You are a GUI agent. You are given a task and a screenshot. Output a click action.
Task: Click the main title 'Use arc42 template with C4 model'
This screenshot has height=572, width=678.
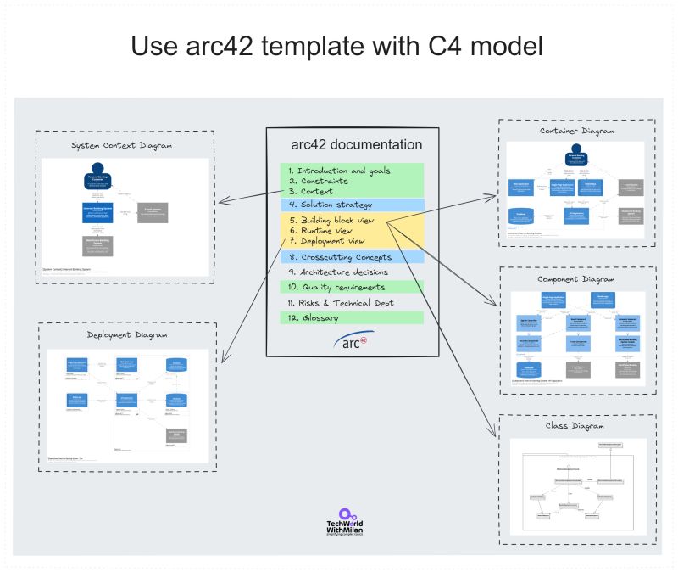(336, 46)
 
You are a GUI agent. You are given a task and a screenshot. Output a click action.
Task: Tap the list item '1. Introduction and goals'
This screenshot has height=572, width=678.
(339, 170)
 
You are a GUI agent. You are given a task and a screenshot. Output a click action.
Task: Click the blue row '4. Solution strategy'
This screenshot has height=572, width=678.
(331, 205)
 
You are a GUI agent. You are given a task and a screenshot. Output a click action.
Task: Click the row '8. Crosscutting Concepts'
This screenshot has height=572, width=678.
(340, 256)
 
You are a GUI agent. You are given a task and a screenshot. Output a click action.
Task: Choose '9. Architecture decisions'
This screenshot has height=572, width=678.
(338, 272)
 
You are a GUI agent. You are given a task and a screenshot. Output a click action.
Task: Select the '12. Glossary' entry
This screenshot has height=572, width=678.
(313, 317)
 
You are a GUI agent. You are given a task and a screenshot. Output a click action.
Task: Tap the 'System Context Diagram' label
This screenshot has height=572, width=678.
(123, 145)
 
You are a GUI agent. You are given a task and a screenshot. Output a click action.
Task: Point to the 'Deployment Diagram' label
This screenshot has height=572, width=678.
(127, 335)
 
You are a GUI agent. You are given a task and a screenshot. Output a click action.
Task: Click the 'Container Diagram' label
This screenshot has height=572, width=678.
(575, 132)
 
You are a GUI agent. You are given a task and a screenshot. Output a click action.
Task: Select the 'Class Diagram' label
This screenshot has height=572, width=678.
(575, 426)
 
